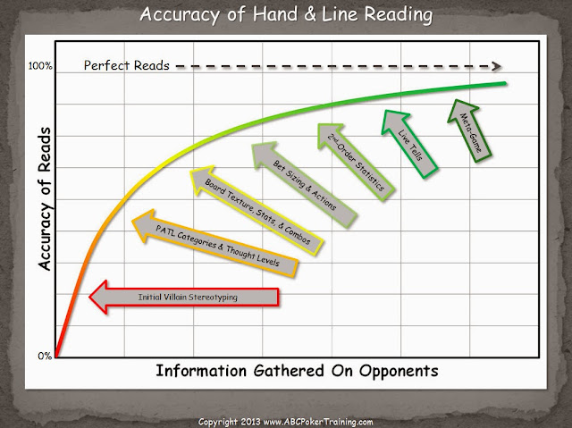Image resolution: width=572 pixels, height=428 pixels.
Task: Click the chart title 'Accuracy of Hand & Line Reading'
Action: click(x=285, y=14)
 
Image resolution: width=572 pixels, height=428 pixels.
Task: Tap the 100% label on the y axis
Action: click(x=42, y=66)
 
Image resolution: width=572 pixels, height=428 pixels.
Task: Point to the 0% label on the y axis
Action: click(x=45, y=357)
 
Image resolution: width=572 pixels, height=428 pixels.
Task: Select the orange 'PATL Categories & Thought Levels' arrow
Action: click(x=224, y=236)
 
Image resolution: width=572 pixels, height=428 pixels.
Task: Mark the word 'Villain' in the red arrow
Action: click(x=174, y=297)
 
